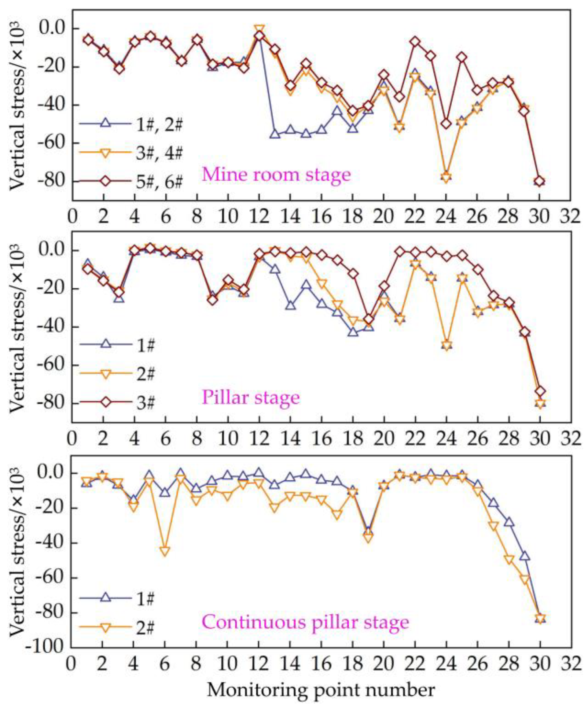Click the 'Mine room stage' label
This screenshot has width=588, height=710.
(x=276, y=175)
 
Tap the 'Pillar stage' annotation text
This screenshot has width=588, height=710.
(x=250, y=397)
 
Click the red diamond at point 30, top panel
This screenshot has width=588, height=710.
(x=540, y=182)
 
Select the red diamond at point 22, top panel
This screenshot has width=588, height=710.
(x=415, y=42)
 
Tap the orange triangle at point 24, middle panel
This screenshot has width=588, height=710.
(x=447, y=346)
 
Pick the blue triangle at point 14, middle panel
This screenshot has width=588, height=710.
(x=291, y=305)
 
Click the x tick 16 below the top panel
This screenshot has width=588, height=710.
(x=322, y=216)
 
